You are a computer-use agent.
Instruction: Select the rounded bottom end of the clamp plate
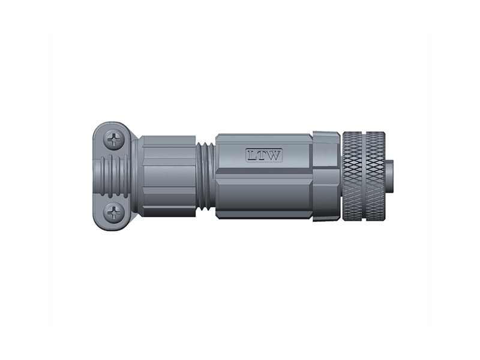click(112, 225)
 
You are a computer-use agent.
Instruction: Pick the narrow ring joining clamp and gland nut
click(136, 175)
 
